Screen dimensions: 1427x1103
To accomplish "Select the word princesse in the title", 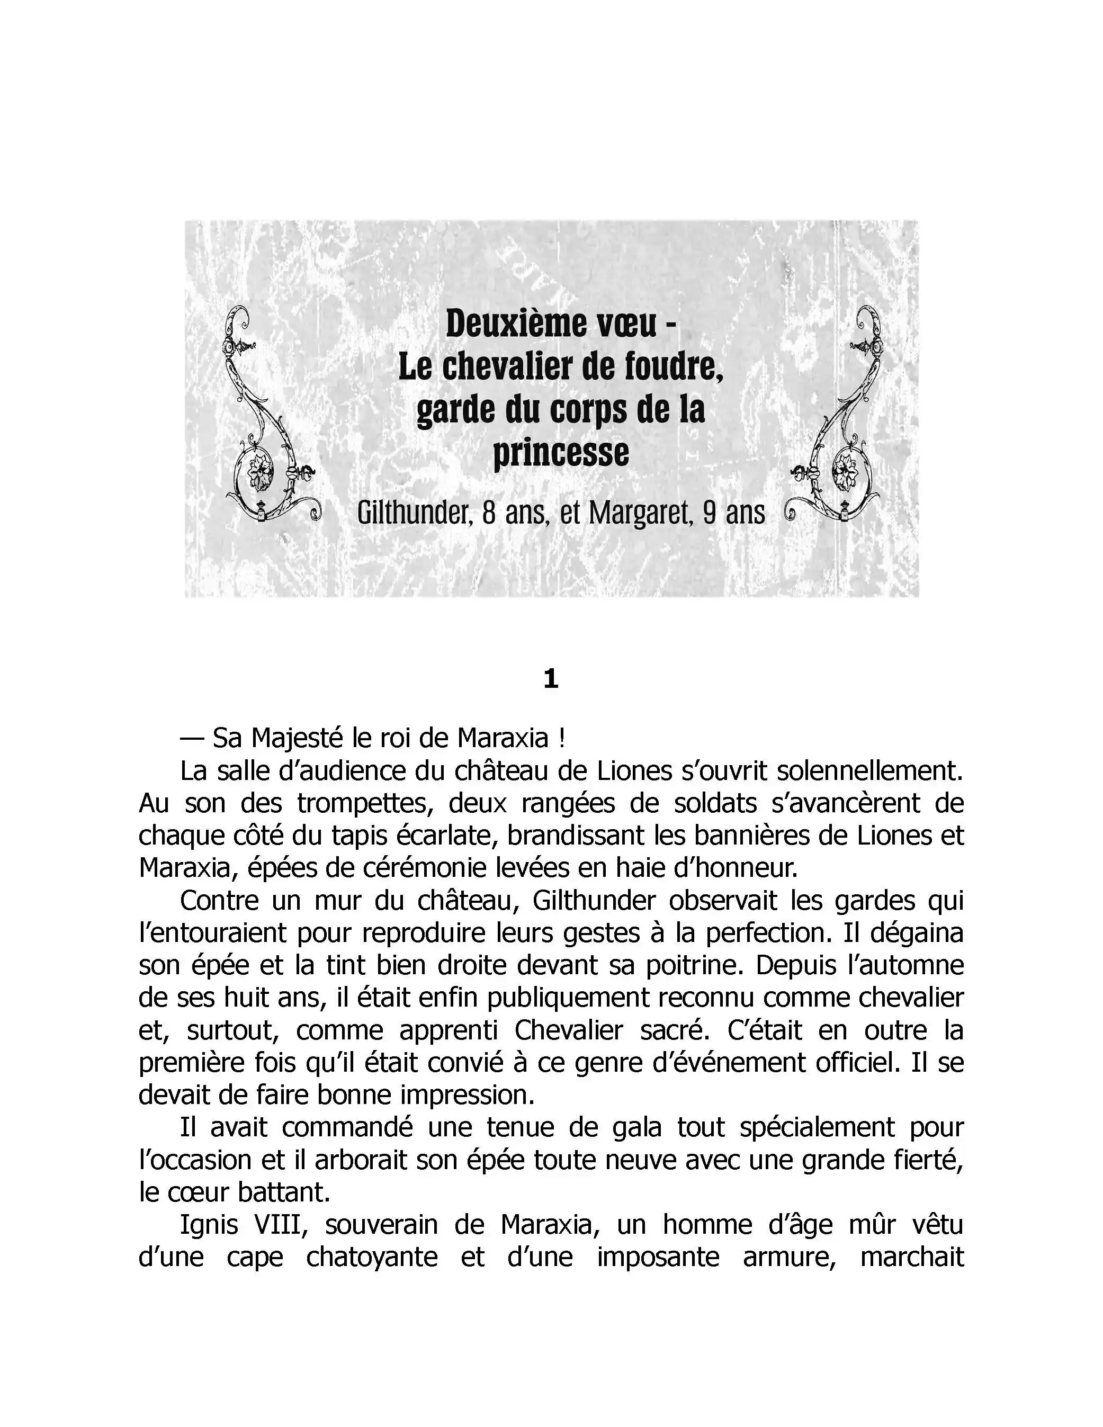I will click(x=561, y=452).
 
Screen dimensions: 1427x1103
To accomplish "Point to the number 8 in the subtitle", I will click(x=488, y=514).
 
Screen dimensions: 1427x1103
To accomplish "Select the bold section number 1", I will click(x=551, y=680).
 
